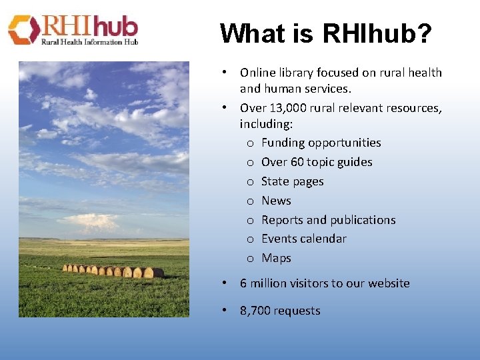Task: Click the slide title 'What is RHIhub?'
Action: tap(325, 33)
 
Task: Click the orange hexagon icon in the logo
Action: tap(23, 30)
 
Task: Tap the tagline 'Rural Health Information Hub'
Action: tap(90, 42)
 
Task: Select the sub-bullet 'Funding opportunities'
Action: tap(321, 143)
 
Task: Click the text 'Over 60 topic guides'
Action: tap(317, 162)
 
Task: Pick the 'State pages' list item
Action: tap(292, 181)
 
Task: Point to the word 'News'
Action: tap(276, 201)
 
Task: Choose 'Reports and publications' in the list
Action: tap(328, 220)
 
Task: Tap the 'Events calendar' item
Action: tap(303, 239)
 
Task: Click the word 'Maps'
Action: tap(276, 258)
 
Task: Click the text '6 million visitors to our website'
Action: tap(325, 283)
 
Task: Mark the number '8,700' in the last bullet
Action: tap(255, 311)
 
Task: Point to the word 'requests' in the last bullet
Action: tap(297, 311)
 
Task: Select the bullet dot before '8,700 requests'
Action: tap(226, 311)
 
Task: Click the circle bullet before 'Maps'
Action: tap(249, 259)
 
